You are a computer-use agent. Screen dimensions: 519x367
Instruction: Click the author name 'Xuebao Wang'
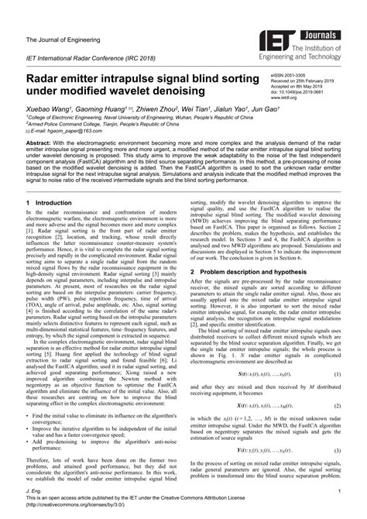[49, 111]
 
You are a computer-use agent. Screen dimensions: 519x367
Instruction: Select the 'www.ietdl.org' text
[284, 99]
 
